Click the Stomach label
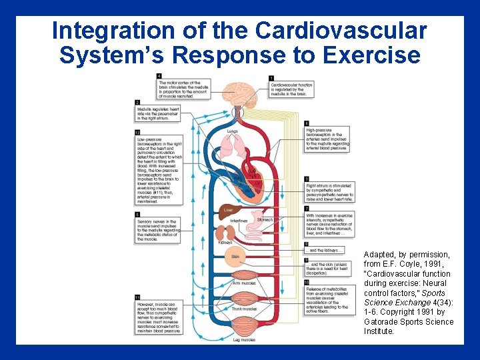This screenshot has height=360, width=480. point(264,219)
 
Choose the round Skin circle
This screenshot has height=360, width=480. point(235,256)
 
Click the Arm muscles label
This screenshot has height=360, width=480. point(243,283)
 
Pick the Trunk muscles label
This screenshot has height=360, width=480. point(244,309)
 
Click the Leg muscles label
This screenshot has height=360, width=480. point(243,340)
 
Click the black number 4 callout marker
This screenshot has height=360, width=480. point(159,75)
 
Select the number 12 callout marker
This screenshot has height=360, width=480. point(137,133)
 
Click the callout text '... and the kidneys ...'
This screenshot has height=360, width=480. point(325,251)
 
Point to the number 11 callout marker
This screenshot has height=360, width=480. point(137,297)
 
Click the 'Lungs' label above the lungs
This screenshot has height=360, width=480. point(232,131)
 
